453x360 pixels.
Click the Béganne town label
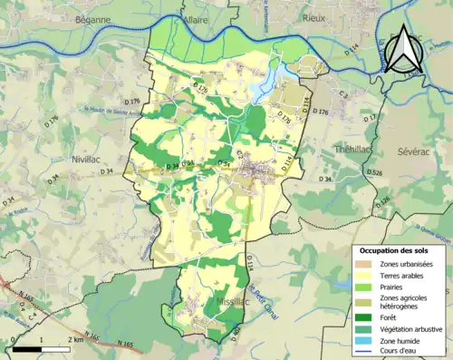tap(92, 18)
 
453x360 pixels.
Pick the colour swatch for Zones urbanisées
tap(366, 264)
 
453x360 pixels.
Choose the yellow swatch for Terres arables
tap(366, 276)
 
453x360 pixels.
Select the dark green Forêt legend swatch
tap(366, 316)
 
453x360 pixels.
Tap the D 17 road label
tap(370, 119)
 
